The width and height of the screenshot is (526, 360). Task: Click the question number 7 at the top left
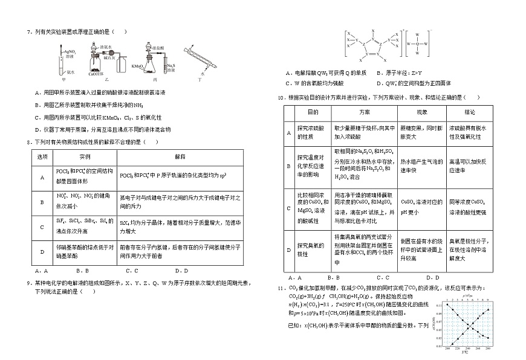coord(28,32)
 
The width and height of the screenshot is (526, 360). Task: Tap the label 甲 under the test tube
coord(63,79)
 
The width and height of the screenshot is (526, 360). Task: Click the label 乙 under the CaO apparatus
coord(107,79)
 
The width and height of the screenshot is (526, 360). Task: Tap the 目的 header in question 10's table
coord(313,112)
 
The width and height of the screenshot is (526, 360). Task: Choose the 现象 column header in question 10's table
coord(421,112)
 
